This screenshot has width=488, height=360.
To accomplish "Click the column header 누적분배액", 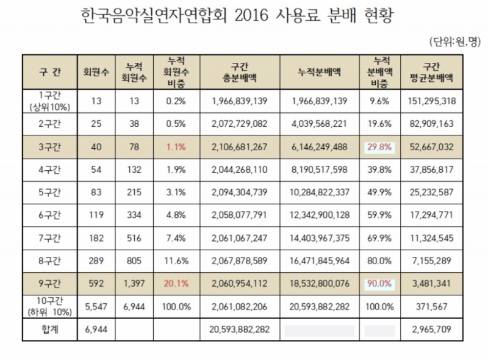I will [320, 71].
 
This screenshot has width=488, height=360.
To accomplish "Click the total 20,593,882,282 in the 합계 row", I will [240, 329].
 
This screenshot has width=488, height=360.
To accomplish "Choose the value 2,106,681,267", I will [240, 147].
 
